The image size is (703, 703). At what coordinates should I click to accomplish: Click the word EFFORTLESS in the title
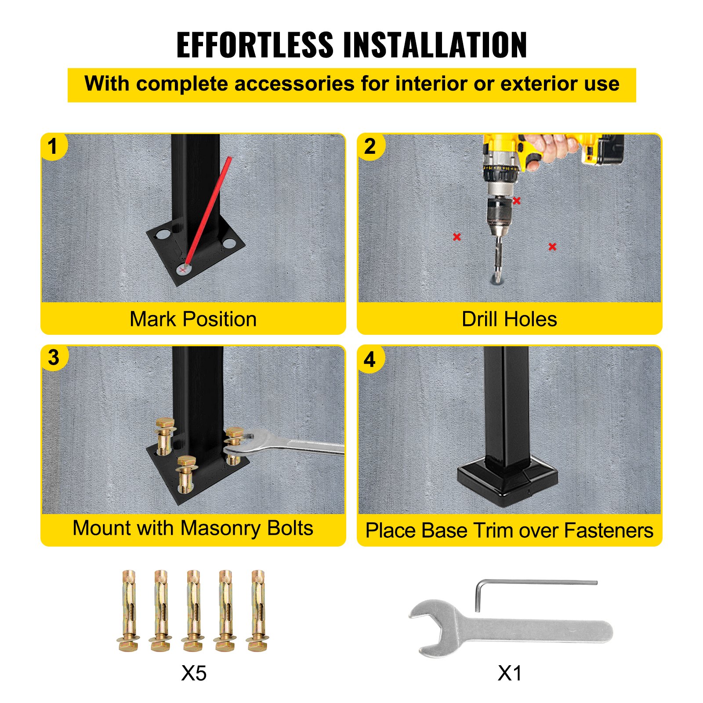point(255,45)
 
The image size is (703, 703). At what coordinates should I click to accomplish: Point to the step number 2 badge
point(370,146)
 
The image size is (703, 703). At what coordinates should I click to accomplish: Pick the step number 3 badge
point(54,358)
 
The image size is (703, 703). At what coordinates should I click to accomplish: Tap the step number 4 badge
point(370,359)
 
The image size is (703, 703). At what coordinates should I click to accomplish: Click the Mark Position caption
point(193,319)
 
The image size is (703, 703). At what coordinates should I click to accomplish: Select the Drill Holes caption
point(510,319)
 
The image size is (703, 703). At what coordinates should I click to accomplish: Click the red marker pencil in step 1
point(207,212)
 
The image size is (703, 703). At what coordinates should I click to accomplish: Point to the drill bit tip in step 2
point(497,279)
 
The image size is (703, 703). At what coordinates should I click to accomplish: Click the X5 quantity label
point(194,673)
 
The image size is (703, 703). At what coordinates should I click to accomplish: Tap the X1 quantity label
point(510,673)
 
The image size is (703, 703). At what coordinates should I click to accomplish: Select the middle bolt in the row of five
point(193,611)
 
